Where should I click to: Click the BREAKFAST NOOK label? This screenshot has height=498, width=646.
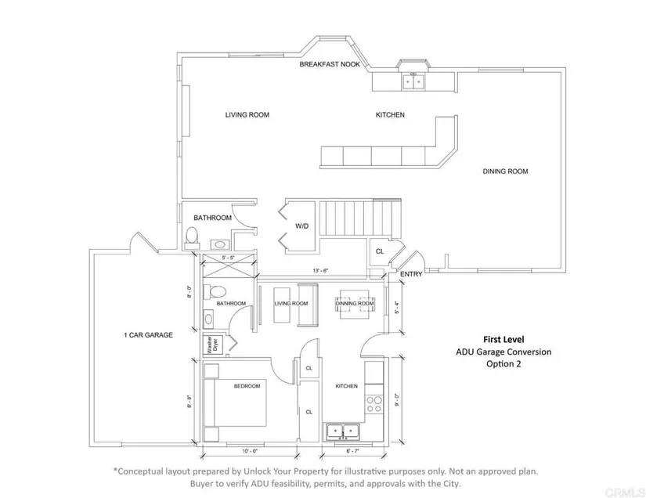pyautogui.click(x=330, y=65)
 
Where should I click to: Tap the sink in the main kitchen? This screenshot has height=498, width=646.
pyautogui.click(x=412, y=79)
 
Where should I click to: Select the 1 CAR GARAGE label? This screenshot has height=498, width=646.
pyautogui.click(x=148, y=335)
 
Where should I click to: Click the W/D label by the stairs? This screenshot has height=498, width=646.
pyautogui.click(x=302, y=227)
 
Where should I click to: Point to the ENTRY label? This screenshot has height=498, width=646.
pyautogui.click(x=411, y=275)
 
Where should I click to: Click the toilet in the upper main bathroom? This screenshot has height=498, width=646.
pyautogui.click(x=193, y=236)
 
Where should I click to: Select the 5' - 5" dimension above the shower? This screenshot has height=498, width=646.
pyautogui.click(x=229, y=257)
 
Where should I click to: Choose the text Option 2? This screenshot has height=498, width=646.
pyautogui.click(x=503, y=364)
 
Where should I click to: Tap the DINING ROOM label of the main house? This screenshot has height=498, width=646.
pyautogui.click(x=507, y=171)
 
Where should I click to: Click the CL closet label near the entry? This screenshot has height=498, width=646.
pyautogui.click(x=380, y=251)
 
